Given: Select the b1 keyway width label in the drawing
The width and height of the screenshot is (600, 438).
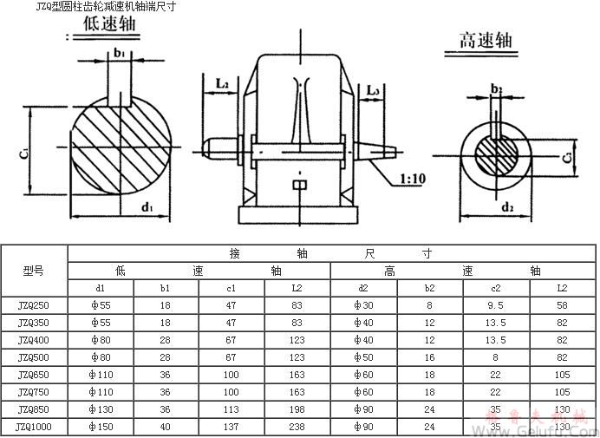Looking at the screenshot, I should point(118,53).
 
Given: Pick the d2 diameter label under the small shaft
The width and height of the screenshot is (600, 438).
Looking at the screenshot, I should point(507,207).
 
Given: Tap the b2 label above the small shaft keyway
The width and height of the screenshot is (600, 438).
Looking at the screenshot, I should point(496,88).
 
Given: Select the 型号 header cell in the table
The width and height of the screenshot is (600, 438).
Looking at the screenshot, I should point(34,271).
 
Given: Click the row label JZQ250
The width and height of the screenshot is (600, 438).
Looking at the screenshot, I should point(34,305).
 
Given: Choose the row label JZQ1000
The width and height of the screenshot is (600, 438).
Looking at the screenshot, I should point(34,426).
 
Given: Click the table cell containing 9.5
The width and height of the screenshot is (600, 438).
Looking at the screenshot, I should point(496,305).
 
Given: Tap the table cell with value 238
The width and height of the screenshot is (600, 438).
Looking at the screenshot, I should point(297,426).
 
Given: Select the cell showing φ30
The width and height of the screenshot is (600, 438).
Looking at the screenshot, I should point(363,305).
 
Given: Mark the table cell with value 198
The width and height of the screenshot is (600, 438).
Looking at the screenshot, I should point(297,409).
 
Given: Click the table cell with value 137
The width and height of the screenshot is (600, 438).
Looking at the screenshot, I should point(232,426).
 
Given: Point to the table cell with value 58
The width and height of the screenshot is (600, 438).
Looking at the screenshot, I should point(562,305).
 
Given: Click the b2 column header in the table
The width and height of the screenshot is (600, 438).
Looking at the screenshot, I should point(429,288).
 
